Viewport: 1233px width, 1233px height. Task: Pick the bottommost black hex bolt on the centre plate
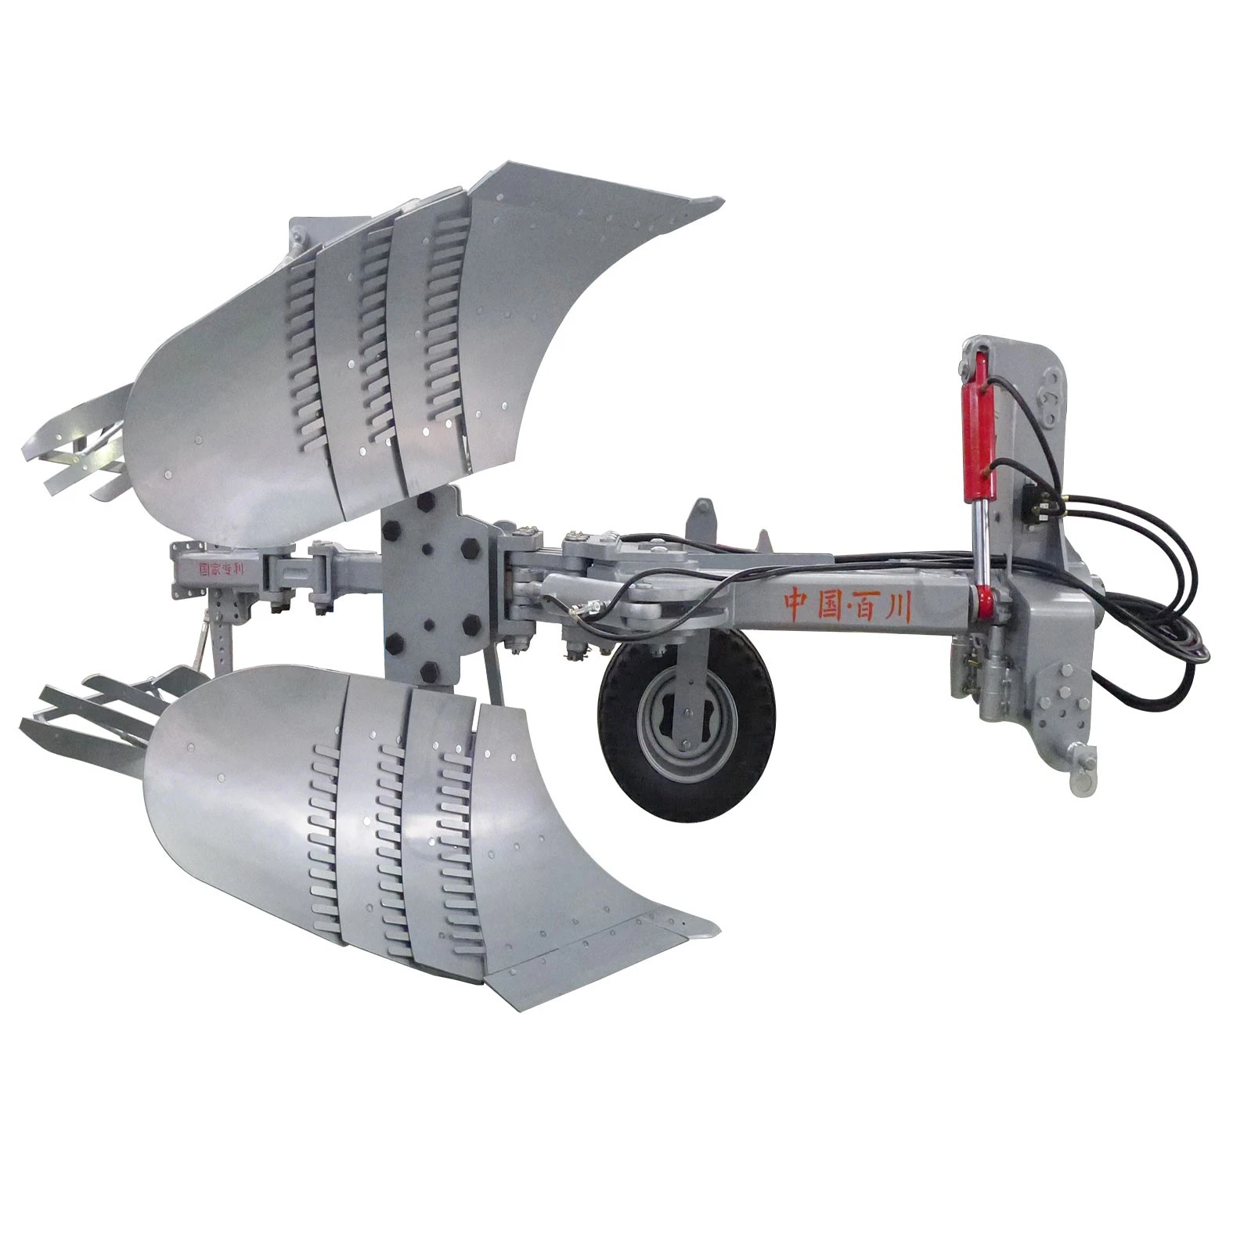coord(428,677)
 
